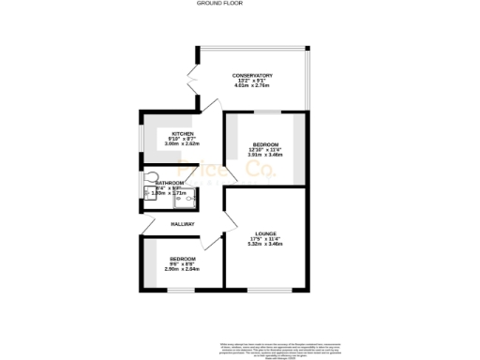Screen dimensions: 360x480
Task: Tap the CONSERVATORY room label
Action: coord(253,75)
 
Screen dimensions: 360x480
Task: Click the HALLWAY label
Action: coord(183,224)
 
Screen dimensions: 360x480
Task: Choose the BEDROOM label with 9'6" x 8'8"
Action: coord(182,258)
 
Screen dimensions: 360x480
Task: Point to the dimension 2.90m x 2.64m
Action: coord(182,269)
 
